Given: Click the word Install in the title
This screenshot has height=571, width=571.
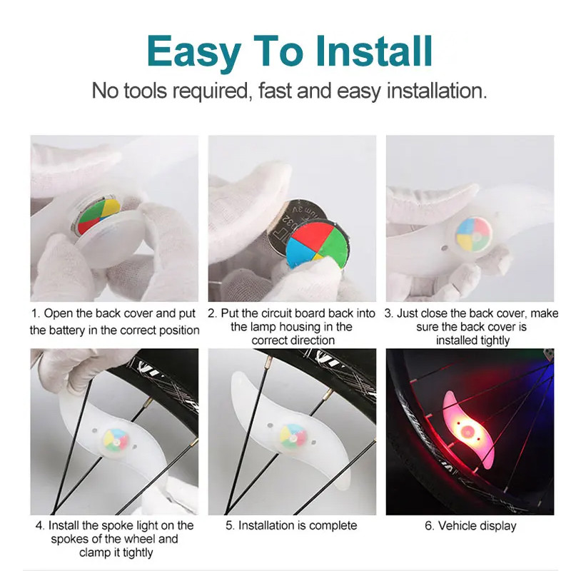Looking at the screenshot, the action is (373, 51).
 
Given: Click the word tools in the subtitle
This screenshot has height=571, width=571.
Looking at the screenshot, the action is (148, 91).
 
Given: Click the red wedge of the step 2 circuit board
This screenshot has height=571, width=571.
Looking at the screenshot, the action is (313, 235).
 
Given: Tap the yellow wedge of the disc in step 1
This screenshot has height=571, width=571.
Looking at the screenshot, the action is (111, 208).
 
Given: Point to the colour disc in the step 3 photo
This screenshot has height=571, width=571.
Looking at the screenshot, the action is (474, 234).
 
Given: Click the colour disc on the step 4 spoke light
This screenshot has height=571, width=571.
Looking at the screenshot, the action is (116, 440).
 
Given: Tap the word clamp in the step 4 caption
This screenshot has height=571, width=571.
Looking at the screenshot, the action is (94, 552).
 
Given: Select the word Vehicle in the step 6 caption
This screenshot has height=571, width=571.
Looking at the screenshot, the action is (458, 525).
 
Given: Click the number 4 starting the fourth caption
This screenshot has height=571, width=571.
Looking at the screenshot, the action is (39, 525).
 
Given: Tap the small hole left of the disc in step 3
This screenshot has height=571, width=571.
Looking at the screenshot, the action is (444, 248).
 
